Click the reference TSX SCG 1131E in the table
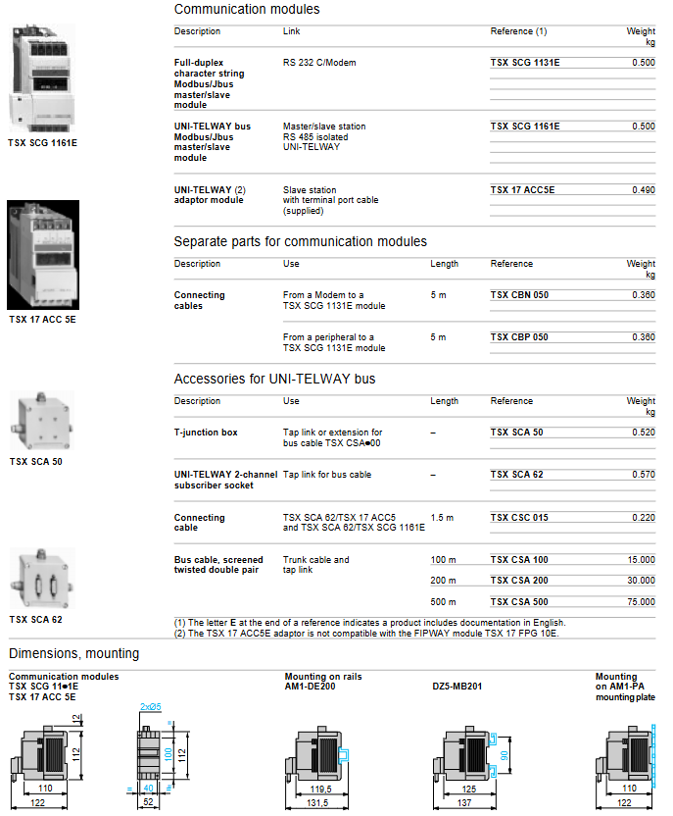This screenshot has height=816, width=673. [x=525, y=63]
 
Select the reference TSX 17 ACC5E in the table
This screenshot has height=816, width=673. [x=522, y=190]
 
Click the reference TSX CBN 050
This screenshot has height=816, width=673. [x=519, y=295]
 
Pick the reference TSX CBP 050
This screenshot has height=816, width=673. [x=519, y=337]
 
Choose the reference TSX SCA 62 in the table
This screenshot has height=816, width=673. [x=516, y=475]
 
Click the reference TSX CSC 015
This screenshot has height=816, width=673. [x=519, y=518]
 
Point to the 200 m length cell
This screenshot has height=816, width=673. [x=443, y=581]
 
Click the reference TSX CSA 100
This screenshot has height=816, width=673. [x=519, y=560]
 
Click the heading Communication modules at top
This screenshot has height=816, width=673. [x=247, y=10]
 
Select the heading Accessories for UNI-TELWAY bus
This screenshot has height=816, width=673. [x=274, y=380]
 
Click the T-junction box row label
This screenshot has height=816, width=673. [x=206, y=433]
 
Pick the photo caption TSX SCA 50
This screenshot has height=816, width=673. [x=36, y=461]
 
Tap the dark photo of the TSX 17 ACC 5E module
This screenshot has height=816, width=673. [x=43, y=254]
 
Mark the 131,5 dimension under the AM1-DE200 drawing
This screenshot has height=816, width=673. [x=313, y=803]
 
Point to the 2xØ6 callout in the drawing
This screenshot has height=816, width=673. [x=150, y=706]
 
